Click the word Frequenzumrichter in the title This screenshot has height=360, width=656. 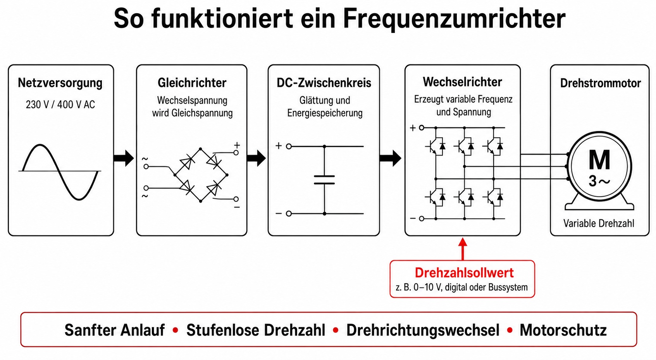click(454, 19)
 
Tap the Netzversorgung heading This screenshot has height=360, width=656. click(60, 83)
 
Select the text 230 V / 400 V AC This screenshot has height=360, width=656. click(60, 105)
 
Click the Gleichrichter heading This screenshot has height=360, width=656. click(192, 83)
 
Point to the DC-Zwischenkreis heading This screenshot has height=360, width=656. click(324, 83)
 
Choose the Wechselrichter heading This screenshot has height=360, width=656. click(462, 82)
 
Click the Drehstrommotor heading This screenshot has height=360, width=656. click(600, 83)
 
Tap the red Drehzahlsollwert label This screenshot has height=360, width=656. click(464, 273)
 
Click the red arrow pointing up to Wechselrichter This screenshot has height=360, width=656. click(463, 249)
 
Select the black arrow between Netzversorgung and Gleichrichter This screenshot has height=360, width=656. click(124, 158)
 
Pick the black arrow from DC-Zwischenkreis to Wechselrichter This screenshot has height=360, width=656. click(390, 158)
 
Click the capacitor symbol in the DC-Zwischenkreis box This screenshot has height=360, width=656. click(324, 180)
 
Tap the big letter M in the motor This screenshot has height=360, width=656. click(599, 160)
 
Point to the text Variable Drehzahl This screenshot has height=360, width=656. click(599, 224)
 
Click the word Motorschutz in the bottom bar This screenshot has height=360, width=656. click(563, 330)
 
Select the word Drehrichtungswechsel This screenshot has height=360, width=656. click(423, 331)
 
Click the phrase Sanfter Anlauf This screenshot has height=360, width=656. click(115, 330)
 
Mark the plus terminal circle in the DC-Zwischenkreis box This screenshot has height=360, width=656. click(289, 146)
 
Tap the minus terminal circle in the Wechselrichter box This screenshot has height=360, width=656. click(422, 219)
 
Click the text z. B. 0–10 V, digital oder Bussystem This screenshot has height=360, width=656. click(462, 288)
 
